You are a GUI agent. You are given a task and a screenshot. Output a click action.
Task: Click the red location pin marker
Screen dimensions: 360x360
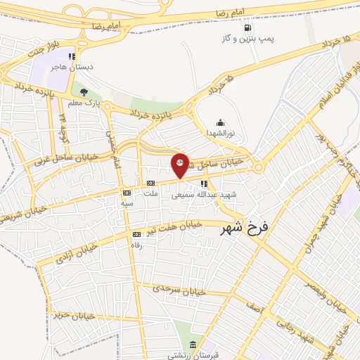181,165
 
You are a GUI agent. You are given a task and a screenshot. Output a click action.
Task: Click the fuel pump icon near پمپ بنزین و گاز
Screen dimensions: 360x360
248,28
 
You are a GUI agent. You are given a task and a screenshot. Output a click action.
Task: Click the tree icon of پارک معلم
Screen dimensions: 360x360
84,91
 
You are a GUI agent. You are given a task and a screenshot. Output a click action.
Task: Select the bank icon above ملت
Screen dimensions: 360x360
149,182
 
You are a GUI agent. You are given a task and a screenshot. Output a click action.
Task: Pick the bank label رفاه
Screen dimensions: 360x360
137,245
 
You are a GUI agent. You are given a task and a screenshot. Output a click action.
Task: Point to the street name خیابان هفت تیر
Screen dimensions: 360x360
176,228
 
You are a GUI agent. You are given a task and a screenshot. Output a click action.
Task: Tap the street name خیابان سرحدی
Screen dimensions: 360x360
180,288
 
